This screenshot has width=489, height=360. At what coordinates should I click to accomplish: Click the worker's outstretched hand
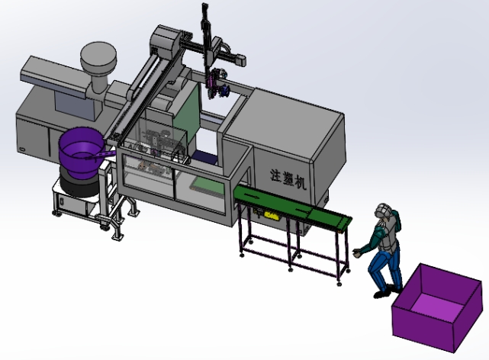tap(357, 251)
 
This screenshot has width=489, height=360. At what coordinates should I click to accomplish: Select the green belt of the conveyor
tap(290, 206)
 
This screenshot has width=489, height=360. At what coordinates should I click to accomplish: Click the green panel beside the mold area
tap(188, 114)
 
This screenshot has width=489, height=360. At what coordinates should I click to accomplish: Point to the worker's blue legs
tap(384, 270)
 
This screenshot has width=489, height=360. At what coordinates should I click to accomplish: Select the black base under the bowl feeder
tap(76, 183)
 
